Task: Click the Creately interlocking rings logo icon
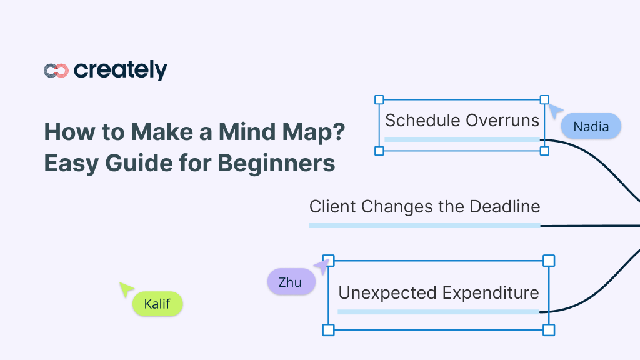point(56,71)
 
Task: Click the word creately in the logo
point(120,71)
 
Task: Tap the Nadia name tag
point(591,126)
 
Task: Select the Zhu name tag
point(290,282)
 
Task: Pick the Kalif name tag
point(157,304)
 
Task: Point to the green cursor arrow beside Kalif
point(126,289)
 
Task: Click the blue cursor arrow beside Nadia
point(554,111)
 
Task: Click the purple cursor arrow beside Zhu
point(321,267)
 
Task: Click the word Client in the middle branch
point(332,206)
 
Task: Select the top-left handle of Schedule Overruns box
point(379,99)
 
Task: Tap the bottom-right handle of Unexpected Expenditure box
point(549,329)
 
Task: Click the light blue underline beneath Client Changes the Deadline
point(424,225)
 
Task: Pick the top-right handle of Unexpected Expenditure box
point(549,260)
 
